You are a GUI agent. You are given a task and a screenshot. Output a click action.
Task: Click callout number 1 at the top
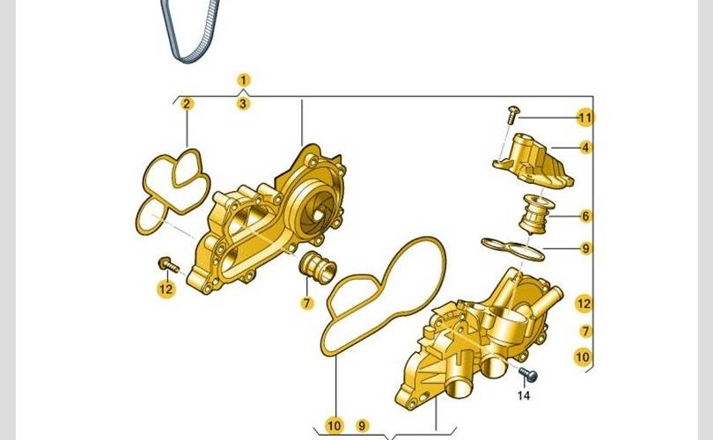(x=244, y=80)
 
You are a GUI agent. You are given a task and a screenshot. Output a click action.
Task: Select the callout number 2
(x=187, y=104)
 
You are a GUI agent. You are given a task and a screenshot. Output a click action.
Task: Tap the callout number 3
(x=243, y=104)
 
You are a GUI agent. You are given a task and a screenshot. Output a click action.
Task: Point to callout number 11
(x=585, y=118)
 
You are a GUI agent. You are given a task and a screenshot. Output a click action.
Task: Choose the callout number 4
(x=585, y=147)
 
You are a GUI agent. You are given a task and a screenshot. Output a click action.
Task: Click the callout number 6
(x=585, y=216)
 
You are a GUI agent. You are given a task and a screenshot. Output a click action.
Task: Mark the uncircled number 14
(x=524, y=395)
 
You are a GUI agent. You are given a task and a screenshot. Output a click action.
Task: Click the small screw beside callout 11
(x=513, y=114)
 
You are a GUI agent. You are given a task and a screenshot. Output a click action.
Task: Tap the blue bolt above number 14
(x=528, y=375)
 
